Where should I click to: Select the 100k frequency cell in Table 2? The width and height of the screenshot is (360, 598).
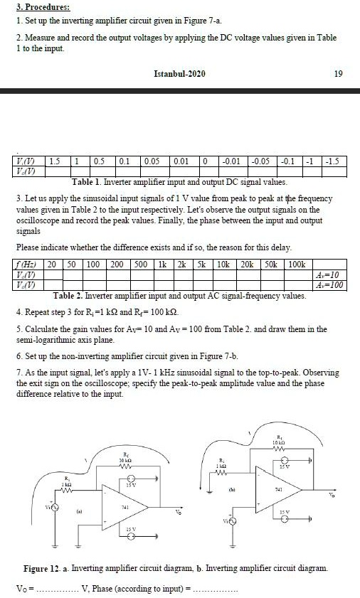pyautogui.click(x=296, y=264)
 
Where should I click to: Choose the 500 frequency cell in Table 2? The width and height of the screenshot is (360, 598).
pyautogui.click(x=140, y=264)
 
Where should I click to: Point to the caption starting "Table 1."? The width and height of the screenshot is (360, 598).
pyautogui.click(x=174, y=182)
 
